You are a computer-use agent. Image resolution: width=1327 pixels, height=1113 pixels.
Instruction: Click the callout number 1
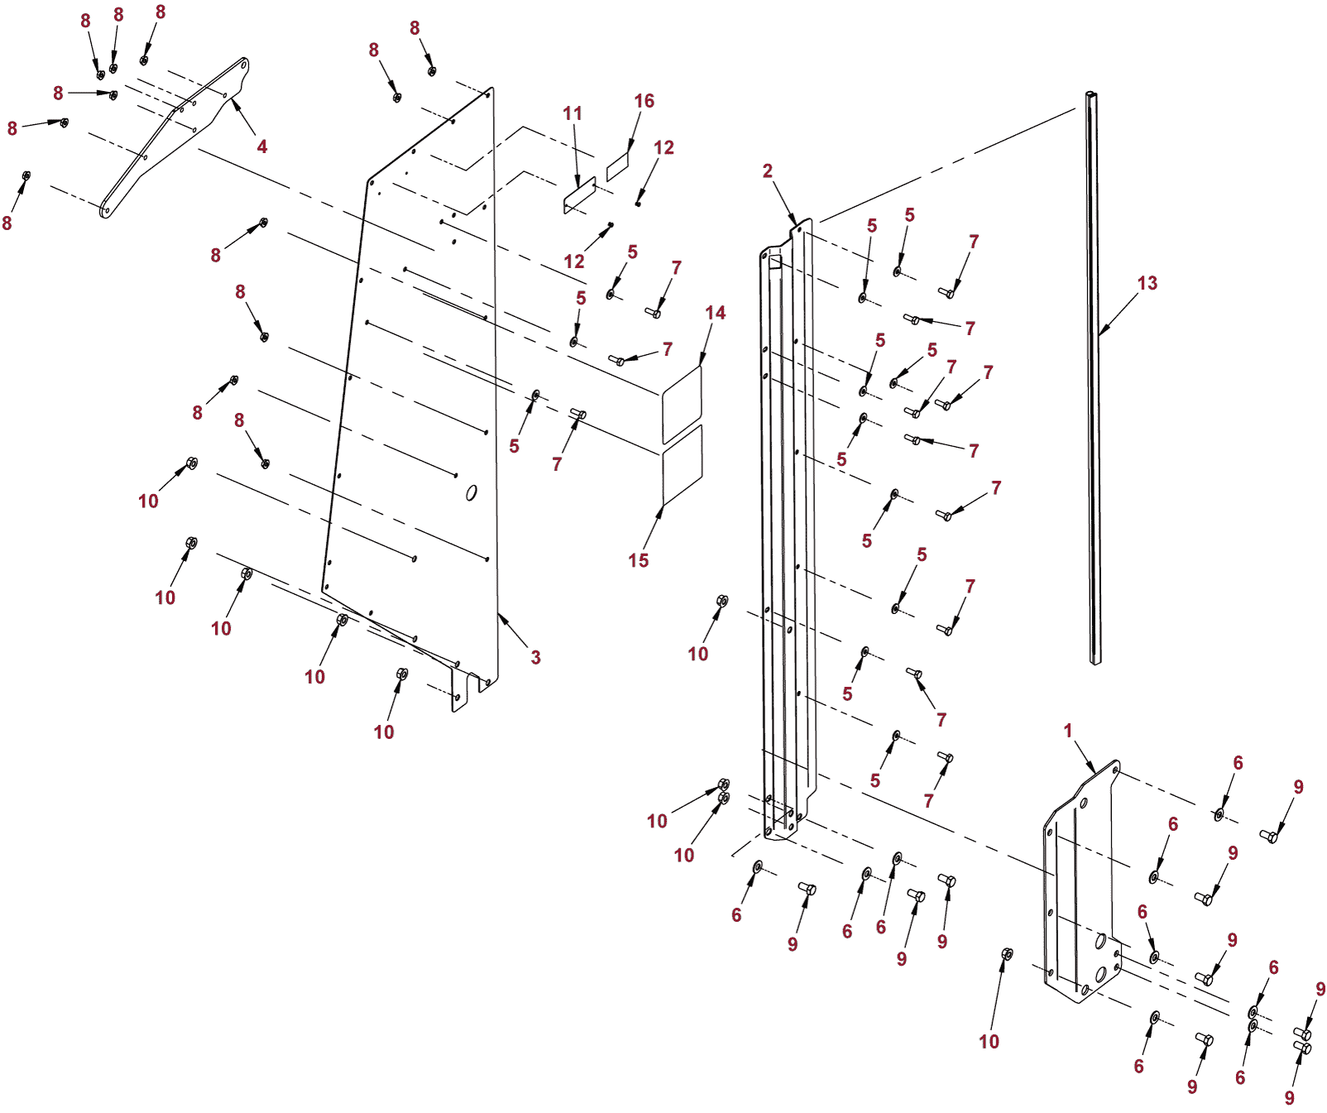pos(1068,731)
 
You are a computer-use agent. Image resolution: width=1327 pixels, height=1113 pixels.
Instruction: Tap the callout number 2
pos(768,170)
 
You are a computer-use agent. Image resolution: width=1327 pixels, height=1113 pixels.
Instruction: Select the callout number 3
pos(536,657)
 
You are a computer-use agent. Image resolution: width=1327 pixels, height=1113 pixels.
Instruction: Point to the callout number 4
pos(262,146)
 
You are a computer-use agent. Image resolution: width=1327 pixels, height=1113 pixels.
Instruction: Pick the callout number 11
pos(572,113)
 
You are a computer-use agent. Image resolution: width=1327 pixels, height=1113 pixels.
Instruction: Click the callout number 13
pos(1147,283)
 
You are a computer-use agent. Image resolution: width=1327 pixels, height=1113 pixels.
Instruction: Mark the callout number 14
pos(716,313)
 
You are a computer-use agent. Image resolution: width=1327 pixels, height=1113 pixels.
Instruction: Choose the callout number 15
pos(639,560)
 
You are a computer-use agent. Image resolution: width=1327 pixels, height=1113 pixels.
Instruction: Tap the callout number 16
pos(644,101)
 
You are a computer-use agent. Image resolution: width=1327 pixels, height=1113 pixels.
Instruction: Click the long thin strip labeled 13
pos(1094,377)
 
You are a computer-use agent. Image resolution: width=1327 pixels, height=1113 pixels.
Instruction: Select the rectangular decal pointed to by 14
pos(682,404)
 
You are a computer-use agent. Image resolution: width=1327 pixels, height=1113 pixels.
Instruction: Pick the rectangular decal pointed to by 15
pos(683,465)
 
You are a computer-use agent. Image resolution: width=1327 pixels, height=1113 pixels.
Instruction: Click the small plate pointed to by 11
pos(580,195)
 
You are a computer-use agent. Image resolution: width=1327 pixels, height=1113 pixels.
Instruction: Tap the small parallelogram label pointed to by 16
pos(618,166)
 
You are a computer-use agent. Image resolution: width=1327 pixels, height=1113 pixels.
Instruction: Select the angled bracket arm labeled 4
pos(174,137)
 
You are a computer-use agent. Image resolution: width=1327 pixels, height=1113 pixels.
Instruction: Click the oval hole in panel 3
pos(472,493)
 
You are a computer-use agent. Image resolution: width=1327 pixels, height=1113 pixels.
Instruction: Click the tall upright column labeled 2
pos(788,530)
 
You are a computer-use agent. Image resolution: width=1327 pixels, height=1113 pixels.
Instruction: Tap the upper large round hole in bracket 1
pos(1101,942)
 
